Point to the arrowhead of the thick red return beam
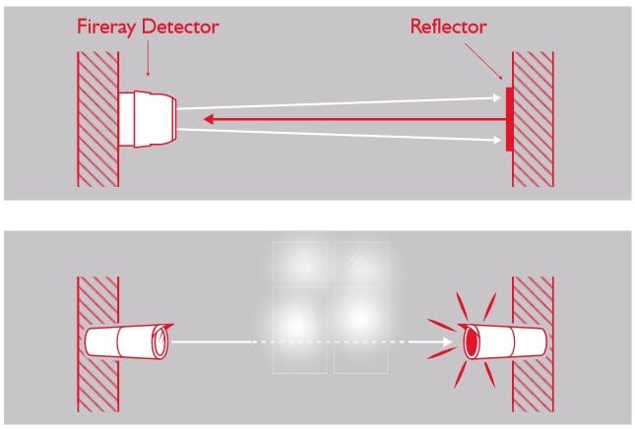point(210,119)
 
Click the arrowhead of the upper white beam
point(497,97)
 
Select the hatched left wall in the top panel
point(96,117)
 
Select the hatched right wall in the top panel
point(533,117)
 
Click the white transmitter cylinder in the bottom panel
point(128,341)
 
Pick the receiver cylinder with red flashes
point(504,342)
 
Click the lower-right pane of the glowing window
point(360,329)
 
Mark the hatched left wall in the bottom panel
point(96,344)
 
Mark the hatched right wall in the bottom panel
point(533,344)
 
